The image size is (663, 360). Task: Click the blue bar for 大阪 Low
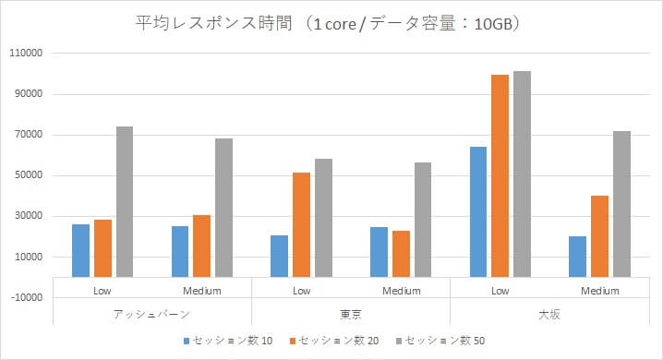478,211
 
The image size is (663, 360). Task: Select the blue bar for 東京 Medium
379,251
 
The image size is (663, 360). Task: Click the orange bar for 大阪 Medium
599,236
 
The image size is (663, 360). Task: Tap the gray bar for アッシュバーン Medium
223,208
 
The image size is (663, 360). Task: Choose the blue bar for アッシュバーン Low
81,250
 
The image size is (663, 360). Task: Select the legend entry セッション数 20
334,341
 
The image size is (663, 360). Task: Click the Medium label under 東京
401,291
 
